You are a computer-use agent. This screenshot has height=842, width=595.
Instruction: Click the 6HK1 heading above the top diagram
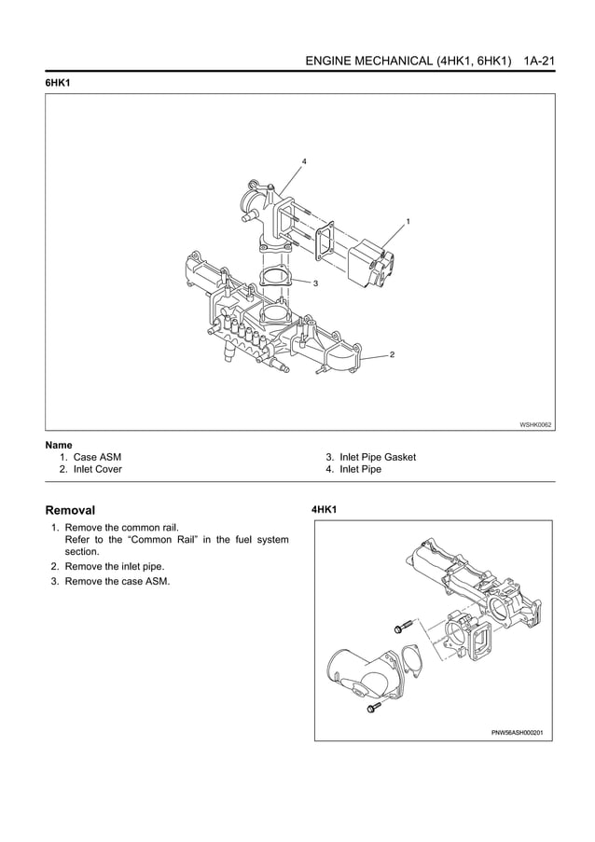[59, 83]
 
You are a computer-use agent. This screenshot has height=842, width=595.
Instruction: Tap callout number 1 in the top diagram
[408, 221]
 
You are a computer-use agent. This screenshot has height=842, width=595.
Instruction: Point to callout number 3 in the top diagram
[316, 283]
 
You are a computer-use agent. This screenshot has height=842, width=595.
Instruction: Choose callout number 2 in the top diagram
[392, 355]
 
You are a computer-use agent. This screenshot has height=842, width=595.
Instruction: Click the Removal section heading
[70, 510]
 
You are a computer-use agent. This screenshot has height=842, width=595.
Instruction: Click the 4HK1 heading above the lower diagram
[324, 510]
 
